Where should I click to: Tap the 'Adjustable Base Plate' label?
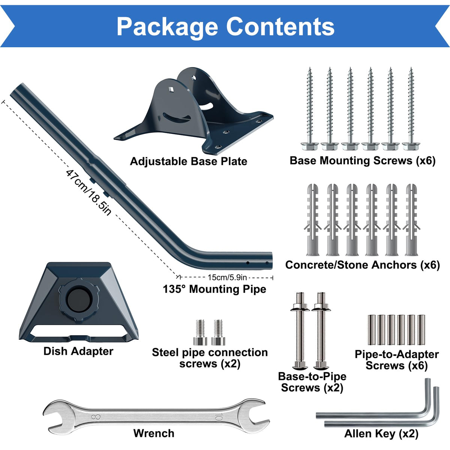pos(189,161)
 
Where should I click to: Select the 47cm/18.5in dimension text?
pos(88,192)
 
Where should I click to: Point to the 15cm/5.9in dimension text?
pos(227,277)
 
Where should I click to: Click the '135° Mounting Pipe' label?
pos(214,289)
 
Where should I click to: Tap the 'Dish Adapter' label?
pos(78,351)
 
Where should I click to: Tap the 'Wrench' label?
pos(154,433)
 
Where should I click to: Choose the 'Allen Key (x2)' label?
pos(381,433)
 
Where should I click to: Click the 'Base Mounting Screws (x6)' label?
pos(362,160)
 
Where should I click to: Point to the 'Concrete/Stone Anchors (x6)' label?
pos(362,265)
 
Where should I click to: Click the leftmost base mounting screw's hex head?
pos(310,146)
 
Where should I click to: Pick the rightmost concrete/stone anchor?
pos(411,219)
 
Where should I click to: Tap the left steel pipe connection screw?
pos(200,333)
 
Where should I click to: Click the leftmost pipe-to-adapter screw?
pos(372,330)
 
